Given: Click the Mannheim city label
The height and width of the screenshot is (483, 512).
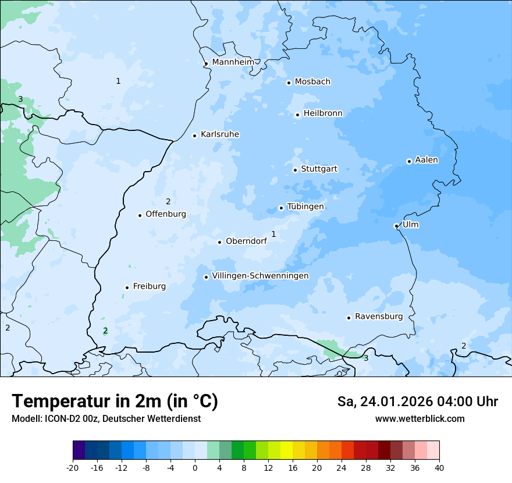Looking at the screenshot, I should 233,62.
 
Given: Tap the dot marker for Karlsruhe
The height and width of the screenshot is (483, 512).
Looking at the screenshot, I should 195,136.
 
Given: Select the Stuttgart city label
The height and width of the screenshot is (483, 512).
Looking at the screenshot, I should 319,169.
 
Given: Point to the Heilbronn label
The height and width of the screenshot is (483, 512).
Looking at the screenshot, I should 323,113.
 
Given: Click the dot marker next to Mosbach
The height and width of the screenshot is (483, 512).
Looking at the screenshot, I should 289,83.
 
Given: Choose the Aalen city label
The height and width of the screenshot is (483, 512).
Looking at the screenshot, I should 426,160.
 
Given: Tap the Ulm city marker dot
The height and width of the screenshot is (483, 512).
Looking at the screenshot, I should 396,226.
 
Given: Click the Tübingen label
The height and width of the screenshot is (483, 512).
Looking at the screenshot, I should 305,207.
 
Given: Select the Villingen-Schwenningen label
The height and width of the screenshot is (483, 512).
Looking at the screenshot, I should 260,276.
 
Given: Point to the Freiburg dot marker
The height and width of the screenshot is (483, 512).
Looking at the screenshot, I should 127,287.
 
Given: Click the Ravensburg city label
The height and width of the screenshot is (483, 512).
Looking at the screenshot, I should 379,317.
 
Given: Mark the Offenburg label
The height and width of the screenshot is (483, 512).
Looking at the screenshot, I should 166,214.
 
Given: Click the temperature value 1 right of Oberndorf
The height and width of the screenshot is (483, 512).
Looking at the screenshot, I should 273,234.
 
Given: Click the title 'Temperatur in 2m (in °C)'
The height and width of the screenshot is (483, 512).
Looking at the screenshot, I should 115,401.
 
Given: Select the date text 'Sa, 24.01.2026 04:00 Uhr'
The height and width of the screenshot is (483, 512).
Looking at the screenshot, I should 417,402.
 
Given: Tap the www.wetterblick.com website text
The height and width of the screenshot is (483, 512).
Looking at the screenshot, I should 419,418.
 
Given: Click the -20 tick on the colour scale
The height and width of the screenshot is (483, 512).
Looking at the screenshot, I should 73,467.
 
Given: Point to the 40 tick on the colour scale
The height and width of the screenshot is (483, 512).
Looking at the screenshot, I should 439,467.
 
